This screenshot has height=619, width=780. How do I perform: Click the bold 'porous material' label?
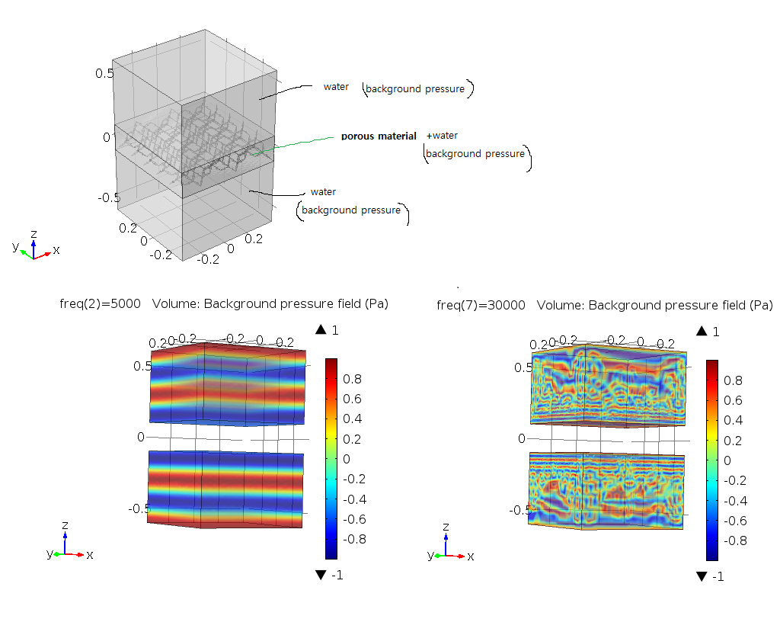379,136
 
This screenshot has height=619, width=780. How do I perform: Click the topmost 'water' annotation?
336,87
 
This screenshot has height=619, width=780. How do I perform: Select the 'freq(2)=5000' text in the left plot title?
100,303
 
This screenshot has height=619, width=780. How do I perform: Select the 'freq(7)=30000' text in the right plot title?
481,305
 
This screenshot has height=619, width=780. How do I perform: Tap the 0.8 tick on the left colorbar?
355,379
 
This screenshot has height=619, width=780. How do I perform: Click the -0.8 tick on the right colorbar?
735,540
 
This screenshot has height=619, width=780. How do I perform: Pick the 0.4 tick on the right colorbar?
735,420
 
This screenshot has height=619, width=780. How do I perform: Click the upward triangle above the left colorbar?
321,330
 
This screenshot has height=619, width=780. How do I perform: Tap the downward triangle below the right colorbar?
702,576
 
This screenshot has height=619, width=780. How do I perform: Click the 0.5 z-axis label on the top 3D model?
104,73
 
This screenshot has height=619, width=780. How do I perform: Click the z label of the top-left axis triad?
34,233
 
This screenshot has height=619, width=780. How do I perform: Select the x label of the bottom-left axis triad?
90,555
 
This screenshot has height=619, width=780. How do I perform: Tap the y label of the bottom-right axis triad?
431,555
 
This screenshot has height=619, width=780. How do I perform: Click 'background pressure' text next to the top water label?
415,89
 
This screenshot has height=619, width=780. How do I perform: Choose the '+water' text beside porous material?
443,136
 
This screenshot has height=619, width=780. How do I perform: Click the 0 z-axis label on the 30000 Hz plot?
523,438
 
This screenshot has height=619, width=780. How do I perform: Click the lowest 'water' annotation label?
323,192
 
